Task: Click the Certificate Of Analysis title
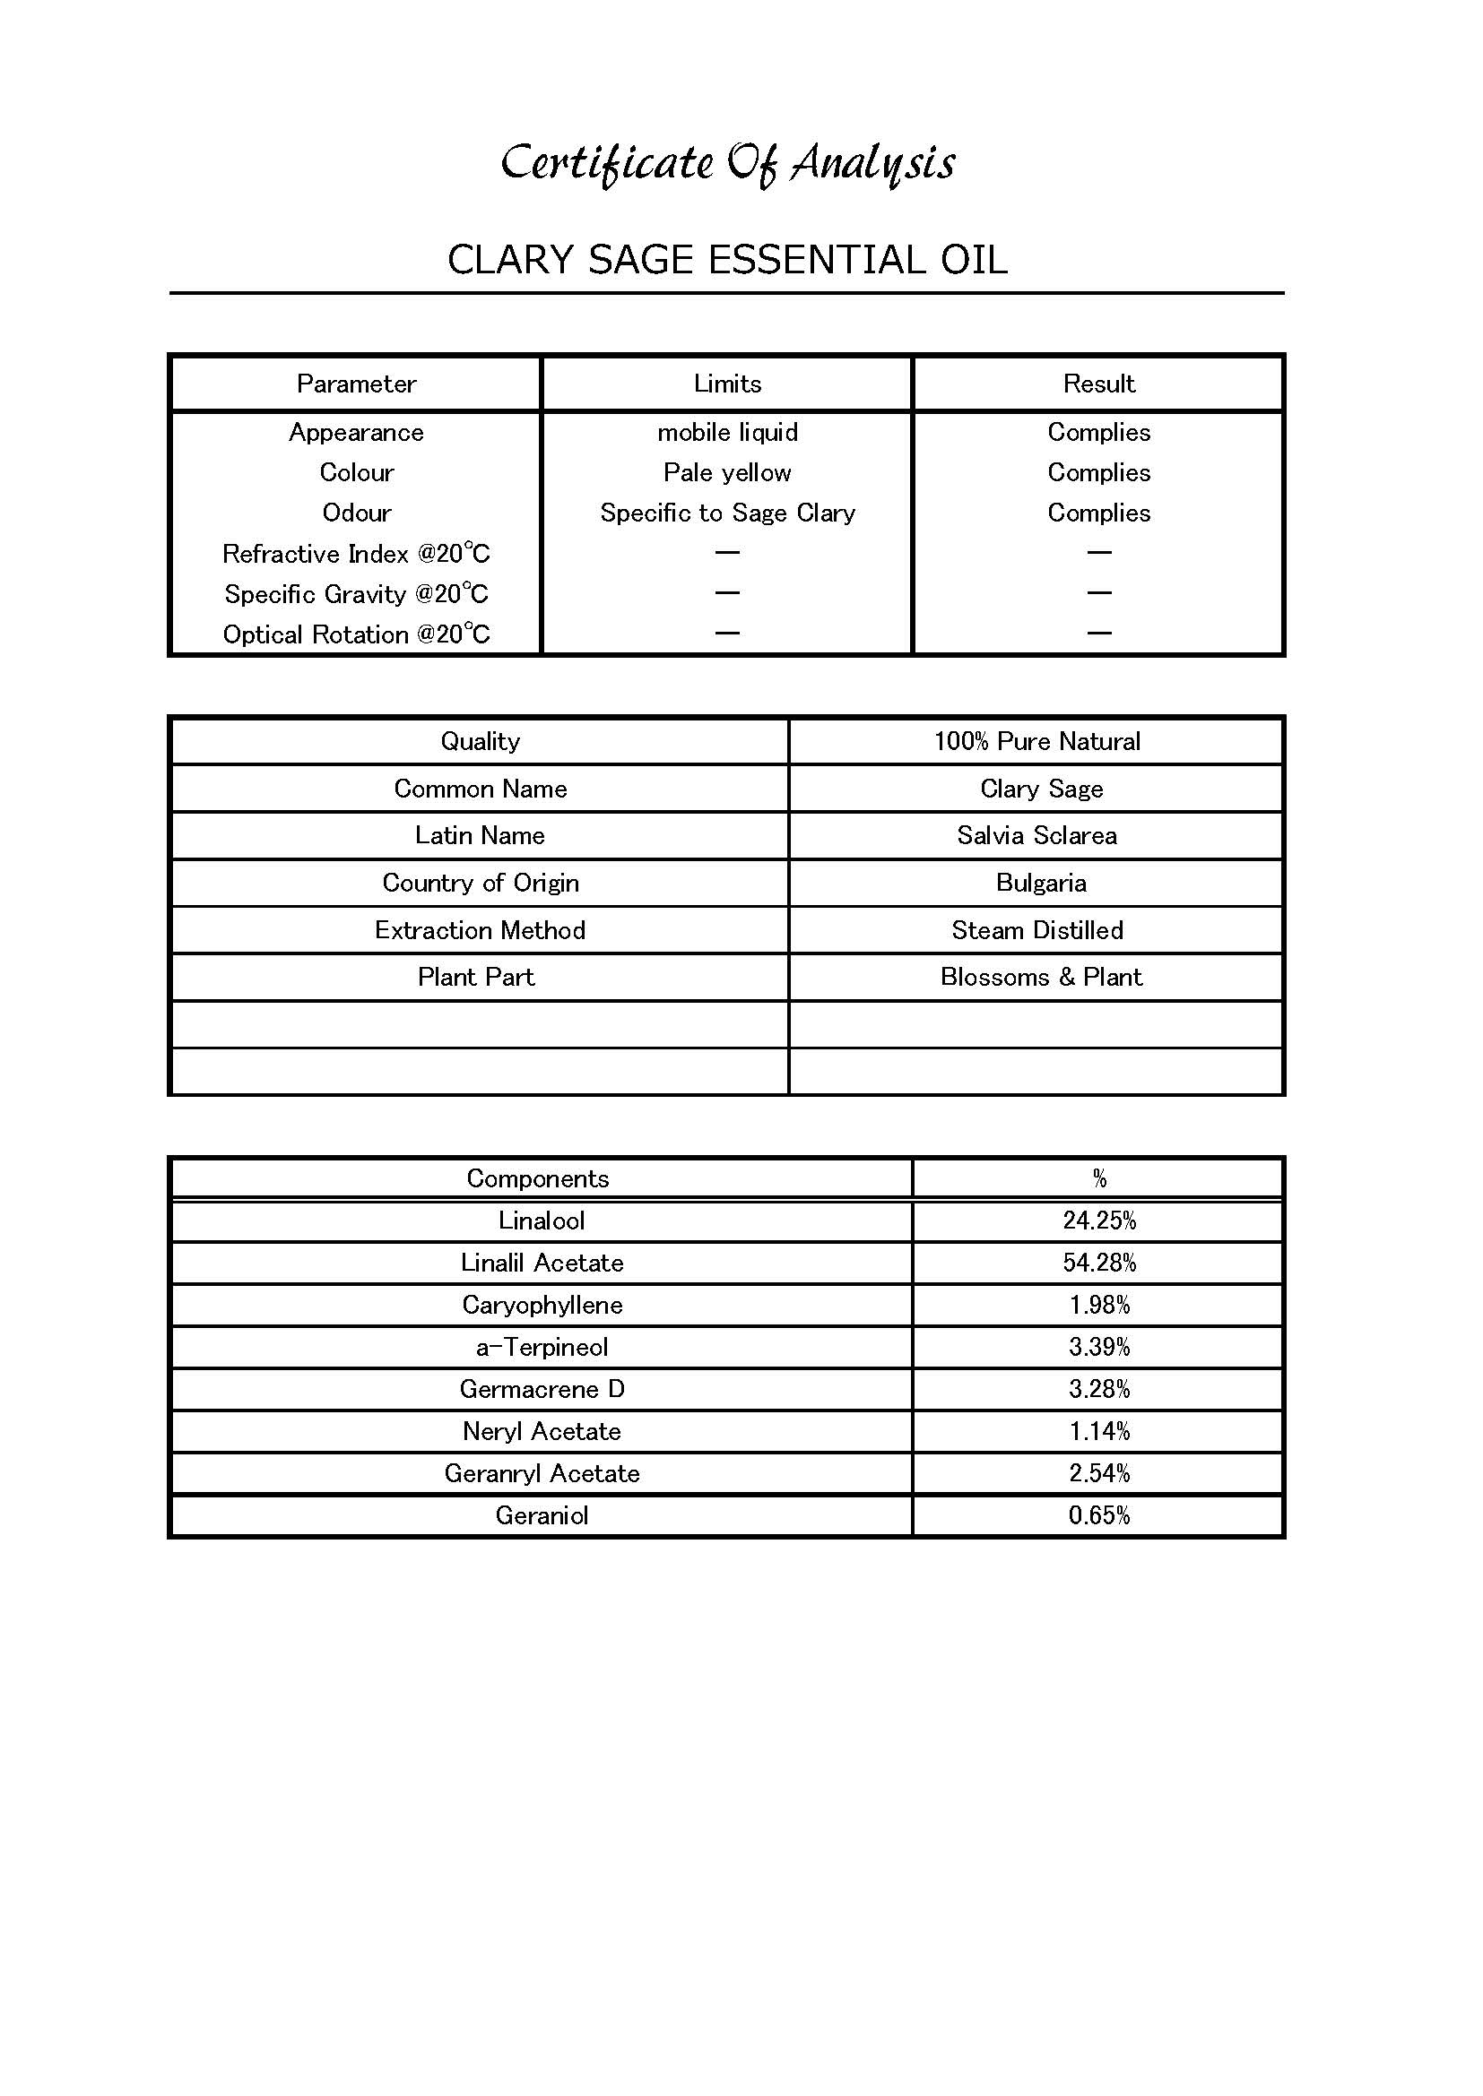point(728,163)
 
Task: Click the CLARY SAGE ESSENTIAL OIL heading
point(728,260)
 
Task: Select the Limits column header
point(727,384)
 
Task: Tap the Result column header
point(1098,384)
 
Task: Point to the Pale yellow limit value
point(727,473)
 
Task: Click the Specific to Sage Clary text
point(727,513)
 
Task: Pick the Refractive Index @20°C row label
point(356,554)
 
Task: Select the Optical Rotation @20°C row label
point(356,634)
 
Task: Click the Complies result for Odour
point(1098,513)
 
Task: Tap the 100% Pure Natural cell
point(1036,741)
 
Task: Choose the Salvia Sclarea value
point(1036,835)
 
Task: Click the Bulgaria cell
point(1041,883)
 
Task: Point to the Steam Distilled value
point(1037,930)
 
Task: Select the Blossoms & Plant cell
point(1041,977)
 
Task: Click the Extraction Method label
point(480,930)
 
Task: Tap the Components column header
point(538,1178)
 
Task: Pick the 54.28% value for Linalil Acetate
point(1099,1263)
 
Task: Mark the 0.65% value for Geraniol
point(1099,1515)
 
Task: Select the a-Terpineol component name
point(542,1347)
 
